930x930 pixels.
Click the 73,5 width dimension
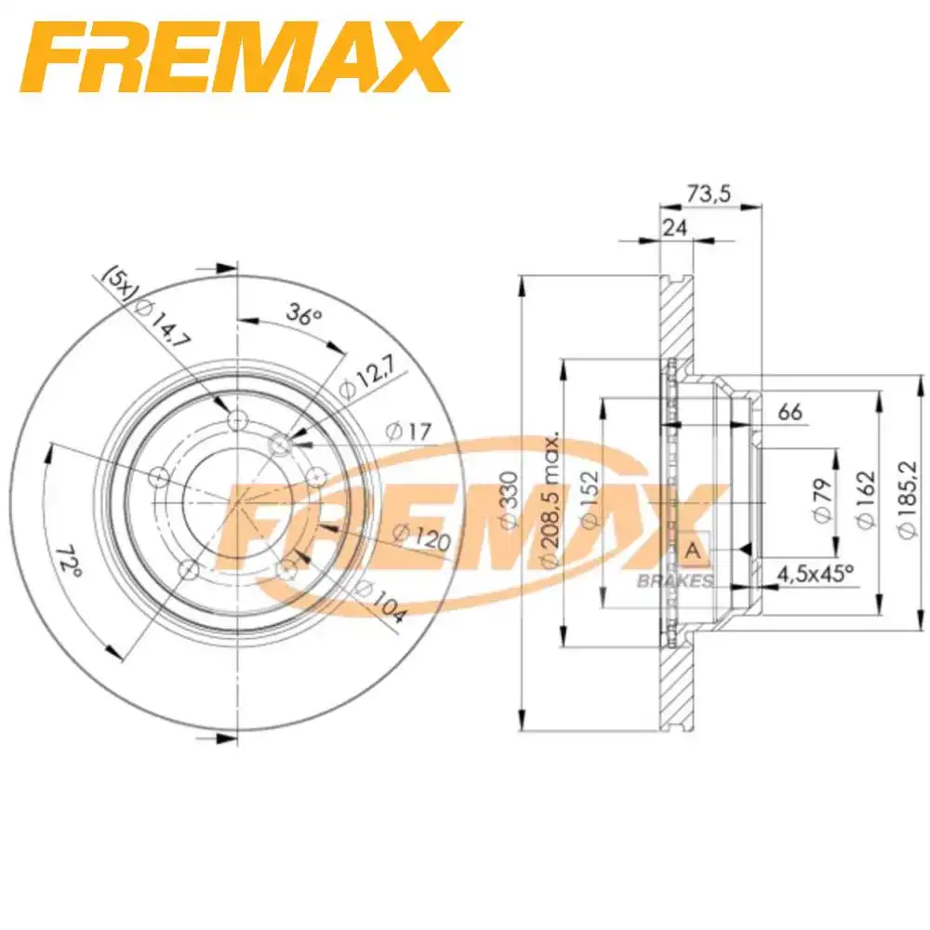click(x=711, y=193)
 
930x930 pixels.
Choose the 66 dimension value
click(x=789, y=412)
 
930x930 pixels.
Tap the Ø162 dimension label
click(x=865, y=502)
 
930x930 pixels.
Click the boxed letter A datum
click(x=692, y=551)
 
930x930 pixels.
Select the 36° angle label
click(x=302, y=315)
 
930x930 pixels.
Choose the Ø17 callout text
click(x=406, y=431)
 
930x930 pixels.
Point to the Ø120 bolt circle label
click(x=420, y=538)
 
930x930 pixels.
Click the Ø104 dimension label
click(x=382, y=601)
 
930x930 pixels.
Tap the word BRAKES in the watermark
click(x=675, y=581)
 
